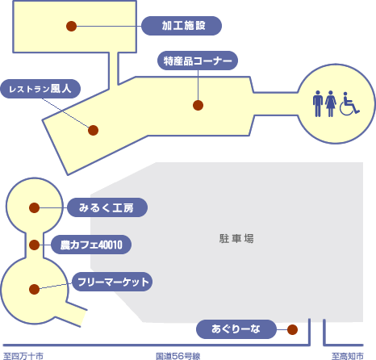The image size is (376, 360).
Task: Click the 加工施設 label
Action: tap(182, 26)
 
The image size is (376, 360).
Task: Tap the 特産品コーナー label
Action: tap(198, 61)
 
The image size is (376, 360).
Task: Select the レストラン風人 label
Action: tap(40, 89)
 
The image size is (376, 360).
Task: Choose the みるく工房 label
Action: tap(107, 207)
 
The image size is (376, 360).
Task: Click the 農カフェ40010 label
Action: tap(91, 245)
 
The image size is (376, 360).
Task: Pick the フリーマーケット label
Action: tap(112, 282)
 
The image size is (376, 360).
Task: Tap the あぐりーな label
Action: tap(236, 329)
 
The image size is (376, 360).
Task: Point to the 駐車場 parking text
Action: tap(236, 238)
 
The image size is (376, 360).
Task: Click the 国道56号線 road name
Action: tap(178, 356)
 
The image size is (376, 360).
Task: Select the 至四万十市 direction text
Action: tap(23, 356)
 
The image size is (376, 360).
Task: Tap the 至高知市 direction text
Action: tap(348, 356)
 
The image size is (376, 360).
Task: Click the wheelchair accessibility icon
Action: tap(349, 103)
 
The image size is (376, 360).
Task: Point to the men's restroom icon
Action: tap(318, 103)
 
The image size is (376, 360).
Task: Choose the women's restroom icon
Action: tap(331, 103)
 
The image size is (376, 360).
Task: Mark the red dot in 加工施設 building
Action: tap(72, 27)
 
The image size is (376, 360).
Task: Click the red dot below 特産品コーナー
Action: tap(198, 105)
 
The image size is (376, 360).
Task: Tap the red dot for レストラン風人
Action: tap(93, 130)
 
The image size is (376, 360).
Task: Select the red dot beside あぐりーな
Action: tap(292, 329)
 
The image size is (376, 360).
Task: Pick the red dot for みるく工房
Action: tap(34, 207)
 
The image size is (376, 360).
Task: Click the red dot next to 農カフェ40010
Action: tap(34, 245)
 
